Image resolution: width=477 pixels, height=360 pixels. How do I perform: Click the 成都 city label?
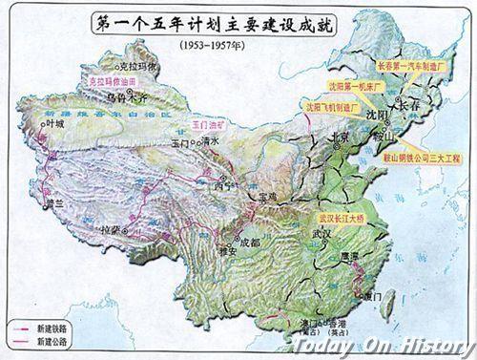248,242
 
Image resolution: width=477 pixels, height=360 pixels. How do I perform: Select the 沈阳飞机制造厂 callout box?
334,108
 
